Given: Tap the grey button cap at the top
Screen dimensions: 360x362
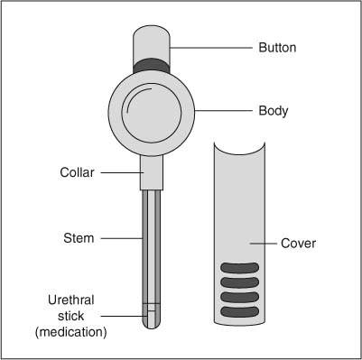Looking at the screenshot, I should (x=152, y=42).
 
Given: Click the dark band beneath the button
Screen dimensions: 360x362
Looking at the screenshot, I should (x=152, y=66).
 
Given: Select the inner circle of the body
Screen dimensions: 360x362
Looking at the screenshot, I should (x=152, y=111).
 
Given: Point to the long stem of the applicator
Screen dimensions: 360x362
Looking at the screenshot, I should (x=152, y=239).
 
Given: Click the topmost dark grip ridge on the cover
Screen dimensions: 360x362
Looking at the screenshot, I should (x=239, y=267).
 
